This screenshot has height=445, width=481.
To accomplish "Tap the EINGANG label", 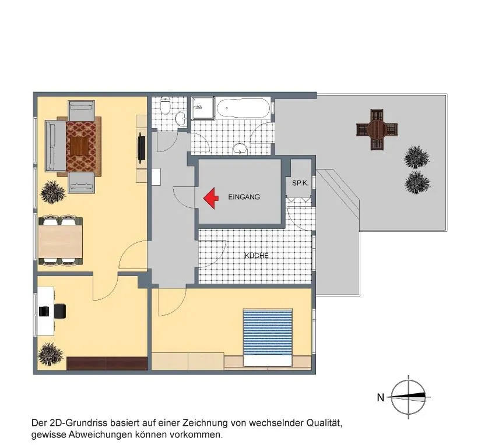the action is [244, 197].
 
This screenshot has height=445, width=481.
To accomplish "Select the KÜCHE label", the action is [257, 255].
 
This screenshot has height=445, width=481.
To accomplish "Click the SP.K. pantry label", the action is [300, 183].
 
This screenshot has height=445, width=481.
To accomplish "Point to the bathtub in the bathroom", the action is [243, 108].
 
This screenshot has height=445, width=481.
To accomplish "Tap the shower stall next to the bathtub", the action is [203, 108].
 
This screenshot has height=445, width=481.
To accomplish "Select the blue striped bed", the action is [267, 337].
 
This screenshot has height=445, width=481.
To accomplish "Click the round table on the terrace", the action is [377, 129].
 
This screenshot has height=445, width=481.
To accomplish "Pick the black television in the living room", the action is [141, 147].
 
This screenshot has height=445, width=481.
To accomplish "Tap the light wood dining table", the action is [61, 241].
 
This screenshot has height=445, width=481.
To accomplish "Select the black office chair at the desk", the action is [60, 311].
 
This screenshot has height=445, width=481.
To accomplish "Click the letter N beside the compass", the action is [380, 397].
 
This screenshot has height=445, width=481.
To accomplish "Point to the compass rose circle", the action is [409, 397].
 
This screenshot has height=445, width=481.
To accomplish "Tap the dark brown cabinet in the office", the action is [107, 363].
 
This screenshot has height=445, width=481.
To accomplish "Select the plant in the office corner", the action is [51, 354].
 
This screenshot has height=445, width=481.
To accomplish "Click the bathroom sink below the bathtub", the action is [240, 149].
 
